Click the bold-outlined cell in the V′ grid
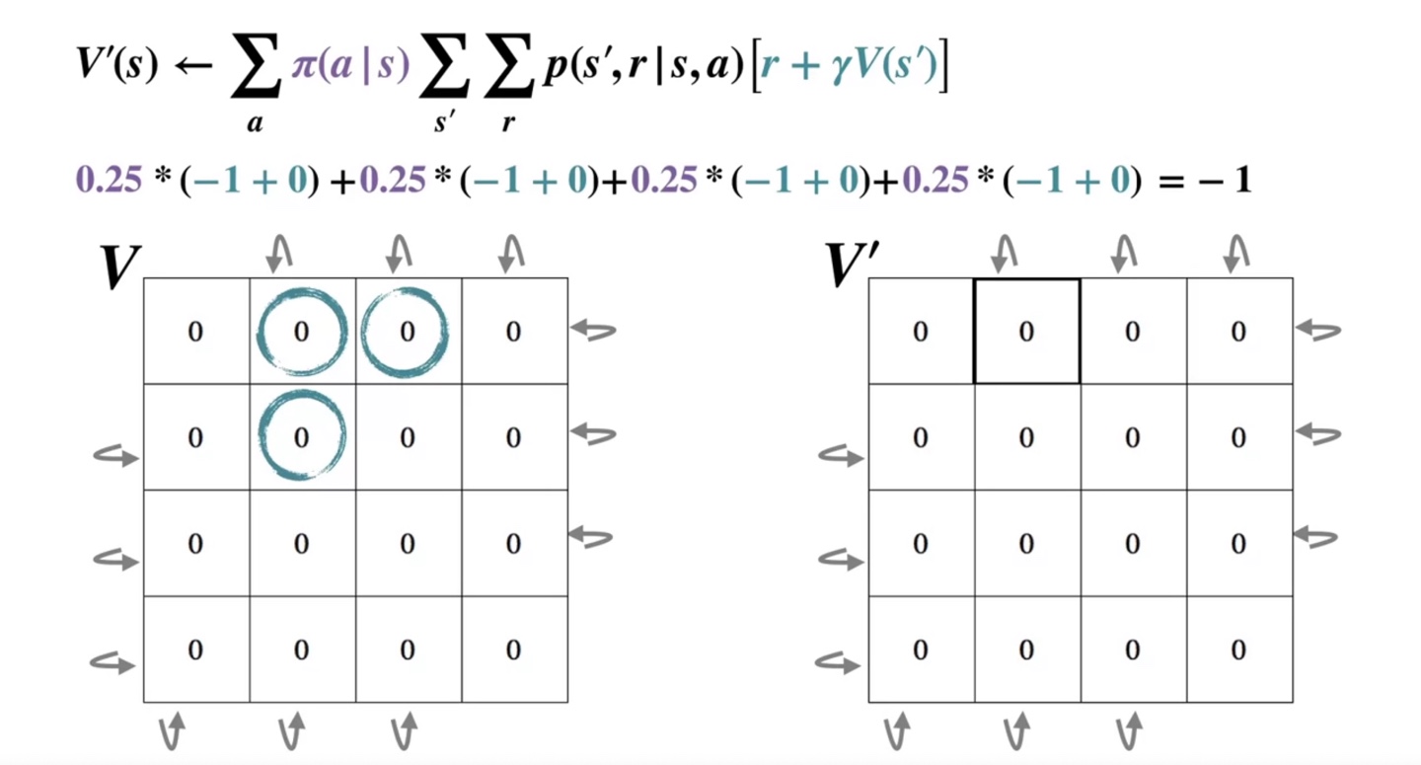[1026, 331]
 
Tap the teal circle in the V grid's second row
[301, 435]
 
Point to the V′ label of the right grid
[850, 264]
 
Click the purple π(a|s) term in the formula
[350, 69]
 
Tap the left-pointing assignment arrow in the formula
[195, 67]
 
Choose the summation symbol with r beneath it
[510, 73]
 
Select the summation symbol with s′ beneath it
[444, 73]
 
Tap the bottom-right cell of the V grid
[513, 649]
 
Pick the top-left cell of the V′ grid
[921, 331]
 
